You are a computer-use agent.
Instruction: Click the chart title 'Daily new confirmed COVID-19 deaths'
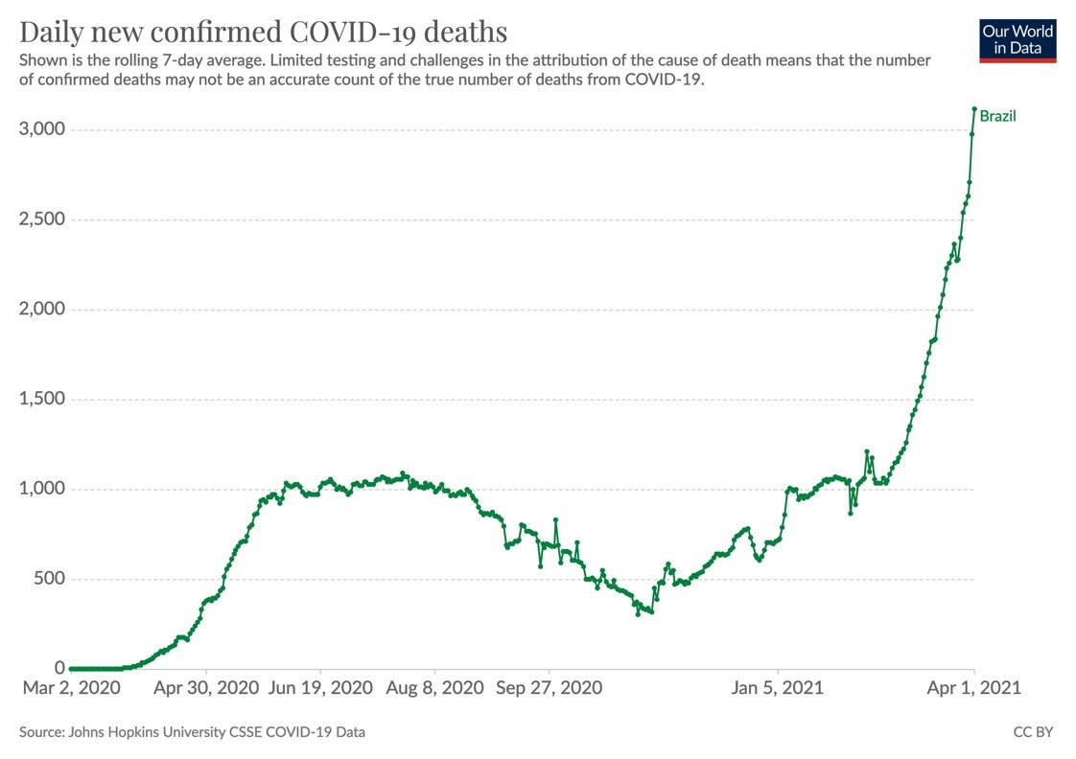(263, 32)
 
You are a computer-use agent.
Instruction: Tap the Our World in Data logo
(1018, 39)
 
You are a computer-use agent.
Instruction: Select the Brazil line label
(997, 117)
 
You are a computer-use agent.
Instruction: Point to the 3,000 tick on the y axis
(42, 129)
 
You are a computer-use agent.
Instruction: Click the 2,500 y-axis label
(42, 219)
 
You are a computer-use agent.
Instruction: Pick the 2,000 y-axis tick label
(42, 310)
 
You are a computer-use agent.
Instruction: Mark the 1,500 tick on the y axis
(42, 400)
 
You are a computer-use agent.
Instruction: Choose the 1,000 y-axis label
(42, 489)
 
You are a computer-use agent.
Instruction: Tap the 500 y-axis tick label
(50, 579)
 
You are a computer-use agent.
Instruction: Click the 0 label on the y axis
(59, 668)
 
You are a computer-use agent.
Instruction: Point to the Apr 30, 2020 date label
(206, 687)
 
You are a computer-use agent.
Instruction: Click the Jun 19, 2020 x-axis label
(320, 687)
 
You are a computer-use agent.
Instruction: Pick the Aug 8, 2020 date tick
(434, 687)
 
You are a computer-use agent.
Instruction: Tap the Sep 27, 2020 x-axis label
(550, 687)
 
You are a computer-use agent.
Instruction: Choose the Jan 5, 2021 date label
(778, 687)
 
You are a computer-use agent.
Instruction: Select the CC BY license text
(1033, 732)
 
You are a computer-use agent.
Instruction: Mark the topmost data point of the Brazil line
(974, 108)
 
